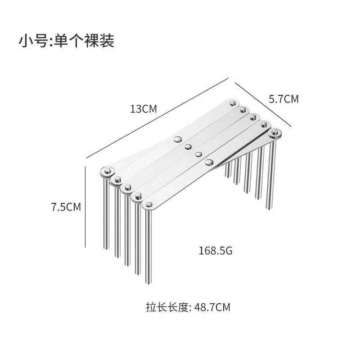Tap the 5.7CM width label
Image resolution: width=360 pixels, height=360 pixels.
[283, 99]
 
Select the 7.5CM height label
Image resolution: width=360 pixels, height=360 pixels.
[66, 207]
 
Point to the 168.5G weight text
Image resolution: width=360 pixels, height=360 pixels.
[215, 251]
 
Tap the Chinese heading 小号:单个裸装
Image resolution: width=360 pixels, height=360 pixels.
[67, 40]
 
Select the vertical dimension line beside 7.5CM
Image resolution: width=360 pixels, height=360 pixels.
[85, 207]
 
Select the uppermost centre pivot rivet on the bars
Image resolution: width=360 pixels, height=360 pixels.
[178, 139]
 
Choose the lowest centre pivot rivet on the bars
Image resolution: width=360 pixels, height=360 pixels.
[209, 162]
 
